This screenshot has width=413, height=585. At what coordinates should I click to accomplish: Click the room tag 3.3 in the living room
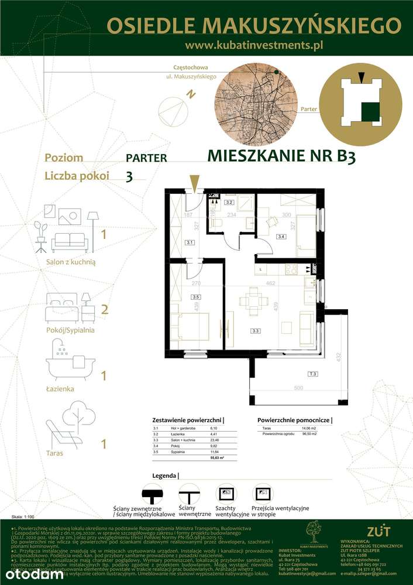point(255,331)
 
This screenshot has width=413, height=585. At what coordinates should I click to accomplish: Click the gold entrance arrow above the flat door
point(194,182)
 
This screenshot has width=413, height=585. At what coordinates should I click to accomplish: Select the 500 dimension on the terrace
point(300,388)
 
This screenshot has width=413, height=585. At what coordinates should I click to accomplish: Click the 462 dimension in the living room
point(271,284)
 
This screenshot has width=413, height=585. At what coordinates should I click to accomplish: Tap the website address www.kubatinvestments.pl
point(253,45)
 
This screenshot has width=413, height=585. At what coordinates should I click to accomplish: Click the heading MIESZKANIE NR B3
point(281,156)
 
